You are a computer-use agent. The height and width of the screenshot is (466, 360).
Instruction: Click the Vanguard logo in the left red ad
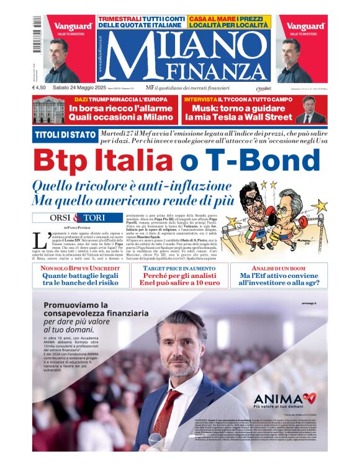point(73,27)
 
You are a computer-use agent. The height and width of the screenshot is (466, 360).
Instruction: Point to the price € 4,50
point(40,88)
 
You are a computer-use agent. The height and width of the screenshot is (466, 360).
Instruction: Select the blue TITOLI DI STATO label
point(64,135)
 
